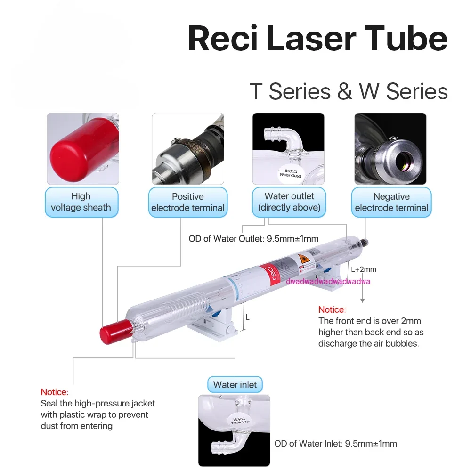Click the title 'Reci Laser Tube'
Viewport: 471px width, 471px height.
click(317, 40)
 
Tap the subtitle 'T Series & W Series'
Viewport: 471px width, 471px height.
click(349, 91)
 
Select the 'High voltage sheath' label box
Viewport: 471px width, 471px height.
click(81, 202)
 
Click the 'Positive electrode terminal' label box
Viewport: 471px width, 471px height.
click(188, 202)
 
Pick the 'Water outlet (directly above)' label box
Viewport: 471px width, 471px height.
click(289, 202)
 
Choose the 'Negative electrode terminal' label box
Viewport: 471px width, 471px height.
click(391, 202)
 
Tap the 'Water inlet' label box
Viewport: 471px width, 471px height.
click(235, 385)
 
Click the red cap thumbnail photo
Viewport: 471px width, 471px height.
click(83, 149)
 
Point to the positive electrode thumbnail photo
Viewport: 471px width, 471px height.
click(187, 149)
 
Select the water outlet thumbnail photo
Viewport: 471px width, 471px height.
click(288, 149)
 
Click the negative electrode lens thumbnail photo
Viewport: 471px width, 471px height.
click(390, 149)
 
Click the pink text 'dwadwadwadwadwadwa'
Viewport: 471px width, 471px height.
click(328, 282)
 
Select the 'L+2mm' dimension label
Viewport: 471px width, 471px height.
click(364, 270)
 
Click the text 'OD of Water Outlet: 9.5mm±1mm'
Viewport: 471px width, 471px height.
click(254, 239)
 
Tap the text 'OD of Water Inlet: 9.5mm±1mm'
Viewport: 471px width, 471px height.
click(336, 444)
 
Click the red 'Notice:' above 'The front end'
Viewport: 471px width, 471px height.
click(332, 310)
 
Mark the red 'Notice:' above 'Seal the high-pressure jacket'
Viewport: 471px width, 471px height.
click(55, 392)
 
